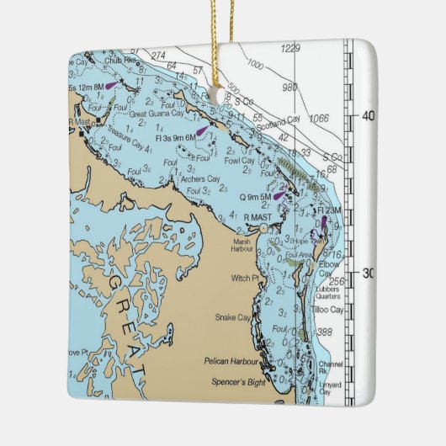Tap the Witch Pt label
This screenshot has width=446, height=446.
click(x=243, y=278)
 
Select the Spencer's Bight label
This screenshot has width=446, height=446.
click(x=236, y=382)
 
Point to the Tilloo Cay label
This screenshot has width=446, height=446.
click(x=327, y=309)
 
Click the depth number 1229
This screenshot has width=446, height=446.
click(x=291, y=47)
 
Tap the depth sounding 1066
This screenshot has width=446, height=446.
click(x=319, y=119)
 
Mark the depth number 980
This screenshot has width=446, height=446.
click(x=289, y=87)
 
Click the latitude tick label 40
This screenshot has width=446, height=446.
click(x=368, y=117)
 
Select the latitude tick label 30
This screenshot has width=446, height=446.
click(x=368, y=273)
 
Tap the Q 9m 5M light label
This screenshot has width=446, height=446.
click(x=256, y=197)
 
